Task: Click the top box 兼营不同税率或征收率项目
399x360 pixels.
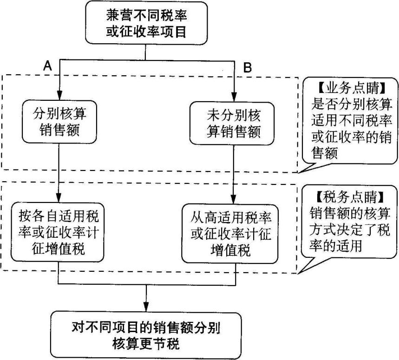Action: [x=147, y=23]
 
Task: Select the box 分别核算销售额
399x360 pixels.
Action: [x=59, y=121]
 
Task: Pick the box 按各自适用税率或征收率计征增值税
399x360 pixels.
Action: [x=59, y=230]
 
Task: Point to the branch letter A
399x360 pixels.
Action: [x=47, y=66]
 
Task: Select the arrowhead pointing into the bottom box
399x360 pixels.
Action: [x=146, y=307]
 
